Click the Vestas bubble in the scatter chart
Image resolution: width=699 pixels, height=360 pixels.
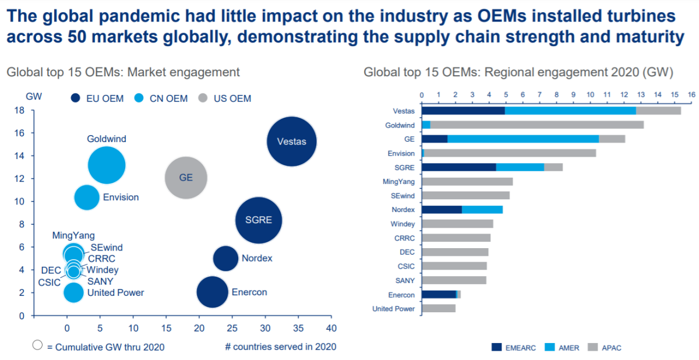(x=291, y=141)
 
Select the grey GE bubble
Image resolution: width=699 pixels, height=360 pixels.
(x=186, y=178)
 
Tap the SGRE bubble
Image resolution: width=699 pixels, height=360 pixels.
(x=259, y=220)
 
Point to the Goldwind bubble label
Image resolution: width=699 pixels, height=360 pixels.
(x=107, y=139)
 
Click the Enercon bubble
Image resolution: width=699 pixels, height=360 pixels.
(x=212, y=292)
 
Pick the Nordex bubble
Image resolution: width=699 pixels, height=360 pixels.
(x=225, y=259)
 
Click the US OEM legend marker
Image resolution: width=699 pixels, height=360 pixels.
(x=204, y=98)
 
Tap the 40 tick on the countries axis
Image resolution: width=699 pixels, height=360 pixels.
(x=331, y=328)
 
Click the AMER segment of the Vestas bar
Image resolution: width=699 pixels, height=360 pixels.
(x=570, y=110)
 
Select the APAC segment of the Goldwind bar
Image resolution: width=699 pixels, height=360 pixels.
(x=536, y=125)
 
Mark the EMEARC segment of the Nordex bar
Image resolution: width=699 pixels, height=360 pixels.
(x=442, y=209)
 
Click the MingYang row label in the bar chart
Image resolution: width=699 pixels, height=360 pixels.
(x=398, y=181)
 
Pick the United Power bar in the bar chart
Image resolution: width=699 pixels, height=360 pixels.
(x=438, y=308)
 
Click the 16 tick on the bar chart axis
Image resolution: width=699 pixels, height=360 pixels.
(x=691, y=94)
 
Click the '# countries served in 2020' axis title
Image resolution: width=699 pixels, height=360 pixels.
(x=281, y=347)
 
